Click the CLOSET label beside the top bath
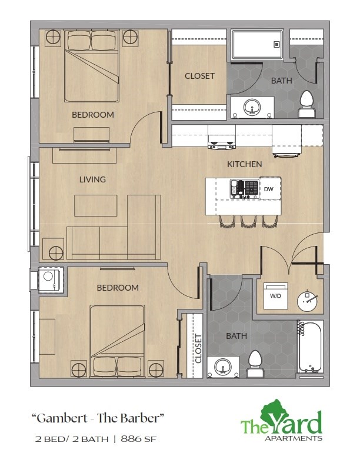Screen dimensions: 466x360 [199, 76]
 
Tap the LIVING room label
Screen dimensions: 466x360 [92, 179]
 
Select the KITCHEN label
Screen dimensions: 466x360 [245, 164]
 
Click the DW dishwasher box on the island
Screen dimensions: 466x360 [269, 189]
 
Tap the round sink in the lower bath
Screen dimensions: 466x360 [222, 367]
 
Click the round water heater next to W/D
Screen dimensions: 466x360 [307, 301]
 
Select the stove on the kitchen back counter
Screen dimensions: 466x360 [222, 141]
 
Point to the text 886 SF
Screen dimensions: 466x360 [141, 439]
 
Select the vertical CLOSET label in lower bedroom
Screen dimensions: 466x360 [198, 348]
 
